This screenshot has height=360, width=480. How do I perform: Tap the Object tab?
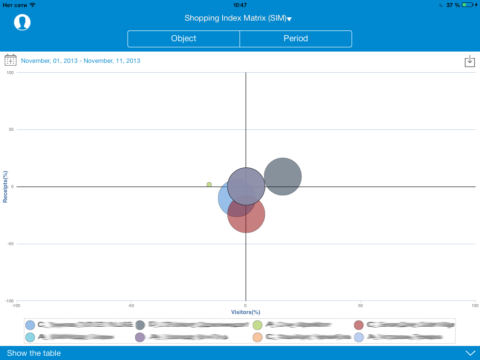pos(184,39)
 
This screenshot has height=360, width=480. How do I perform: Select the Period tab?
pos(296,39)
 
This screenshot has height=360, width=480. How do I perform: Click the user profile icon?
pos(22,22)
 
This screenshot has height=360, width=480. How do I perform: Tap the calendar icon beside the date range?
pos(10,60)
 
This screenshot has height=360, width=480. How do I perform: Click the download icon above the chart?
pos(470,61)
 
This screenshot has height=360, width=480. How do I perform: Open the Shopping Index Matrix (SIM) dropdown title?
pos(238,18)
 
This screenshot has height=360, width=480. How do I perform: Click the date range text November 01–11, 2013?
pos(81,61)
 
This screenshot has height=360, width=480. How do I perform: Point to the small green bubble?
pos(209,185)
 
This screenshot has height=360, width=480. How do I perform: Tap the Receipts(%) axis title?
pos(5,187)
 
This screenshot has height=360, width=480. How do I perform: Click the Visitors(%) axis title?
pos(246,312)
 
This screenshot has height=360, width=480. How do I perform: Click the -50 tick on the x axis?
pos(131,306)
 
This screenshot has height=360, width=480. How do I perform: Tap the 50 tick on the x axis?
pos(360,306)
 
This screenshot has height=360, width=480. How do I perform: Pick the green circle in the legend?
pos(257,325)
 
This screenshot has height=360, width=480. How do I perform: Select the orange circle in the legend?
pos(257,337)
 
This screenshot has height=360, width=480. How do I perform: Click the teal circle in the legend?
pos(30,337)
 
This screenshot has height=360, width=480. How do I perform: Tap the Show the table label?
pos(34,353)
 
